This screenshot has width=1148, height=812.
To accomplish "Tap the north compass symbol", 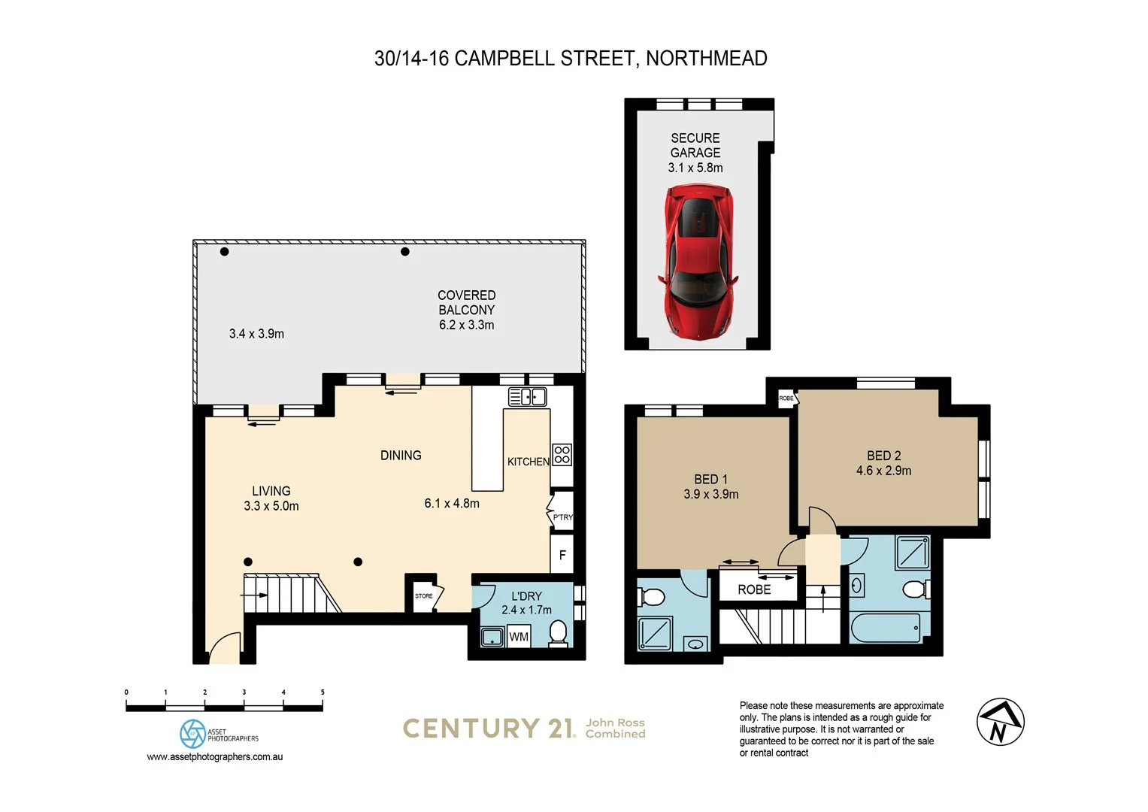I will tap(1000, 722).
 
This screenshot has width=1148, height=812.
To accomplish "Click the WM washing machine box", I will tap(519, 637).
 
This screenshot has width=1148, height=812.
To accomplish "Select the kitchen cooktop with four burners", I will tap(562, 454).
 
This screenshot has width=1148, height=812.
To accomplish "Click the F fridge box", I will tap(562, 556).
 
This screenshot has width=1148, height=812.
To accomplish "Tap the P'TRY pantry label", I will tap(562, 517).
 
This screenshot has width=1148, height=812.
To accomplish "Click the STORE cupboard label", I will tap(423, 596).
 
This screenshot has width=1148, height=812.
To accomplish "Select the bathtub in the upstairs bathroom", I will tap(885, 628).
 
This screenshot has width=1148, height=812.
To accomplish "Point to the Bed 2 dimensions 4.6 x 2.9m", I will tap(883, 471).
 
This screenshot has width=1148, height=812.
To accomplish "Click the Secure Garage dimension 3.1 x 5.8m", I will tap(695, 168).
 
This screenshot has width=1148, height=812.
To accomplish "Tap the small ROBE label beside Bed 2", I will tap(786, 398).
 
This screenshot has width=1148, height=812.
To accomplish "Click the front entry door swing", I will tap(225, 649).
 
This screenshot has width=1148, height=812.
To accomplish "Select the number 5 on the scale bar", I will tap(323, 692).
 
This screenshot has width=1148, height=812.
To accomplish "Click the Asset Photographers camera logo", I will tap(192, 734).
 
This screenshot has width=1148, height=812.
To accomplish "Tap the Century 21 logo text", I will tap(489, 728).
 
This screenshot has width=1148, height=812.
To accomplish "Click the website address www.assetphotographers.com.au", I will tap(214, 757).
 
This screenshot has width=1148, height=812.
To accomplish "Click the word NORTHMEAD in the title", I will tap(706, 59).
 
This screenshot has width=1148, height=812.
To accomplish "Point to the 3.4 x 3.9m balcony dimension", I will tap(256, 334).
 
